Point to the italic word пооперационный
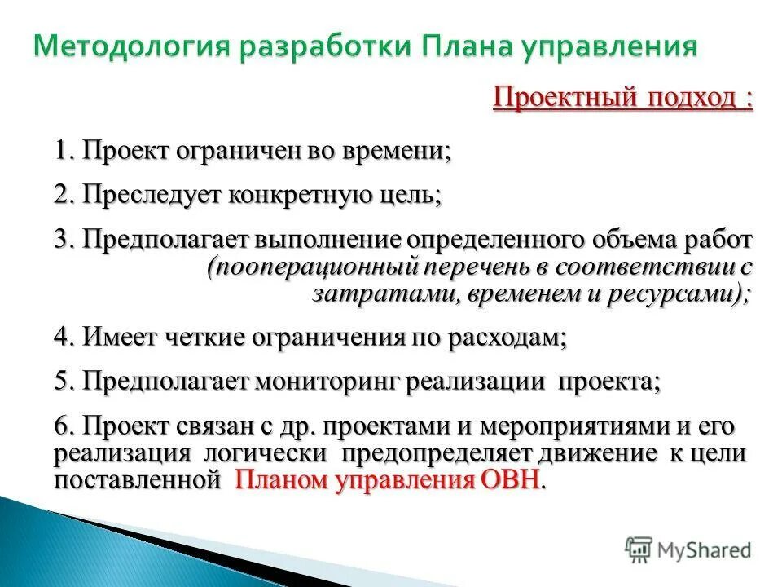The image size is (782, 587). click(314, 267)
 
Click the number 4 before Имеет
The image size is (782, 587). click(61, 338)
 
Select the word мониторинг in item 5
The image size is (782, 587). click(329, 382)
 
